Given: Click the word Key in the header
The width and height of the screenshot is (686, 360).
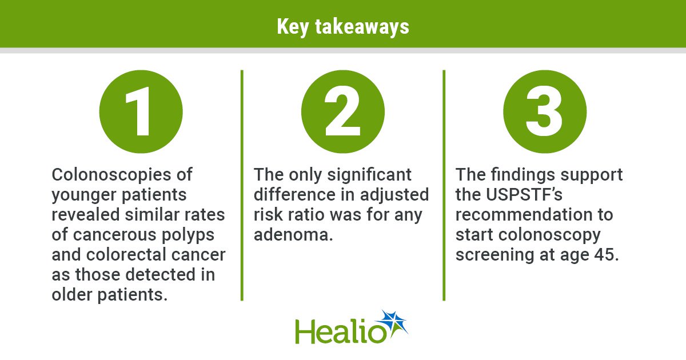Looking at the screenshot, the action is click(x=293, y=27).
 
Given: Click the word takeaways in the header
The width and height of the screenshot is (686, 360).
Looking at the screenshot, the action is click(x=362, y=27).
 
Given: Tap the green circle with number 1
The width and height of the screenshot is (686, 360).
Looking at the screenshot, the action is click(x=141, y=111).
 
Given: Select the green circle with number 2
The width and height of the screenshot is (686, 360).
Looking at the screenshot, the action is click(x=342, y=111).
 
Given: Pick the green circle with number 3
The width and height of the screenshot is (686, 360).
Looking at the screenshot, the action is click(x=545, y=111).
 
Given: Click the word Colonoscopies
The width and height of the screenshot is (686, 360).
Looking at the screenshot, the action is click(x=111, y=175).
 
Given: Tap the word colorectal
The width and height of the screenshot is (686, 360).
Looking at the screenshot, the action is click(x=125, y=255).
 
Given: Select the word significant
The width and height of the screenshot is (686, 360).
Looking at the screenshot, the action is click(x=369, y=175).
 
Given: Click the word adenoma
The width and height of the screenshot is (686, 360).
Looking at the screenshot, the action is click(x=293, y=235).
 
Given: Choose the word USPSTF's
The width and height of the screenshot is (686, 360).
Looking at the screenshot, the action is click(x=524, y=194).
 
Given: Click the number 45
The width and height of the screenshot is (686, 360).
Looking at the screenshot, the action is click(x=607, y=255).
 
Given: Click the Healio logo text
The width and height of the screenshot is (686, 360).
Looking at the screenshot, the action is click(x=341, y=331).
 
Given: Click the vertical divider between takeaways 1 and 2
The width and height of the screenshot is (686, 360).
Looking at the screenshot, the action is click(x=242, y=185).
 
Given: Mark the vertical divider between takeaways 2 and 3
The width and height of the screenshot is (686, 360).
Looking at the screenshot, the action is click(x=444, y=185).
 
